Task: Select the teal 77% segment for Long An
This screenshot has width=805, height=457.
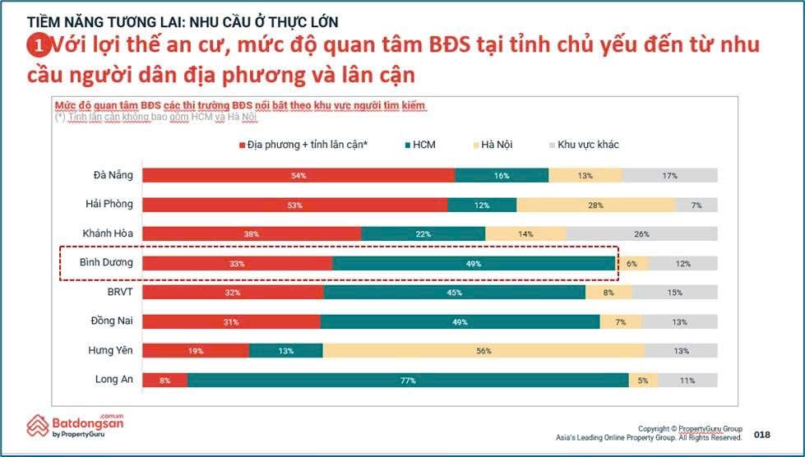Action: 408,381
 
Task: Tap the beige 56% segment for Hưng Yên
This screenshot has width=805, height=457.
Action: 483,351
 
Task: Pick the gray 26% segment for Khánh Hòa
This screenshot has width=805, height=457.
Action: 641,234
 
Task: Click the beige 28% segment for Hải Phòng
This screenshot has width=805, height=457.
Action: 595,205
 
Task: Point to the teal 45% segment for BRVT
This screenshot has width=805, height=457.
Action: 455,293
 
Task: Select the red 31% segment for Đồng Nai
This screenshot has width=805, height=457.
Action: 231,322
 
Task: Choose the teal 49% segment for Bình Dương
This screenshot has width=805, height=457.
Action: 474,264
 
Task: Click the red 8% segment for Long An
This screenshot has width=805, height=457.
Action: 164,381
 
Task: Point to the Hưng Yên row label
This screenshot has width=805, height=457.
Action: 110,351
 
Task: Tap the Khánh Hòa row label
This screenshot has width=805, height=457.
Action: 107,234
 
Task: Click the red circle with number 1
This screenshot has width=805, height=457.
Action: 35,44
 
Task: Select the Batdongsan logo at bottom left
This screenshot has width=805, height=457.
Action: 75,426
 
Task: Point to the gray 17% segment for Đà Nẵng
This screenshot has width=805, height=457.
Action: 669,175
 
